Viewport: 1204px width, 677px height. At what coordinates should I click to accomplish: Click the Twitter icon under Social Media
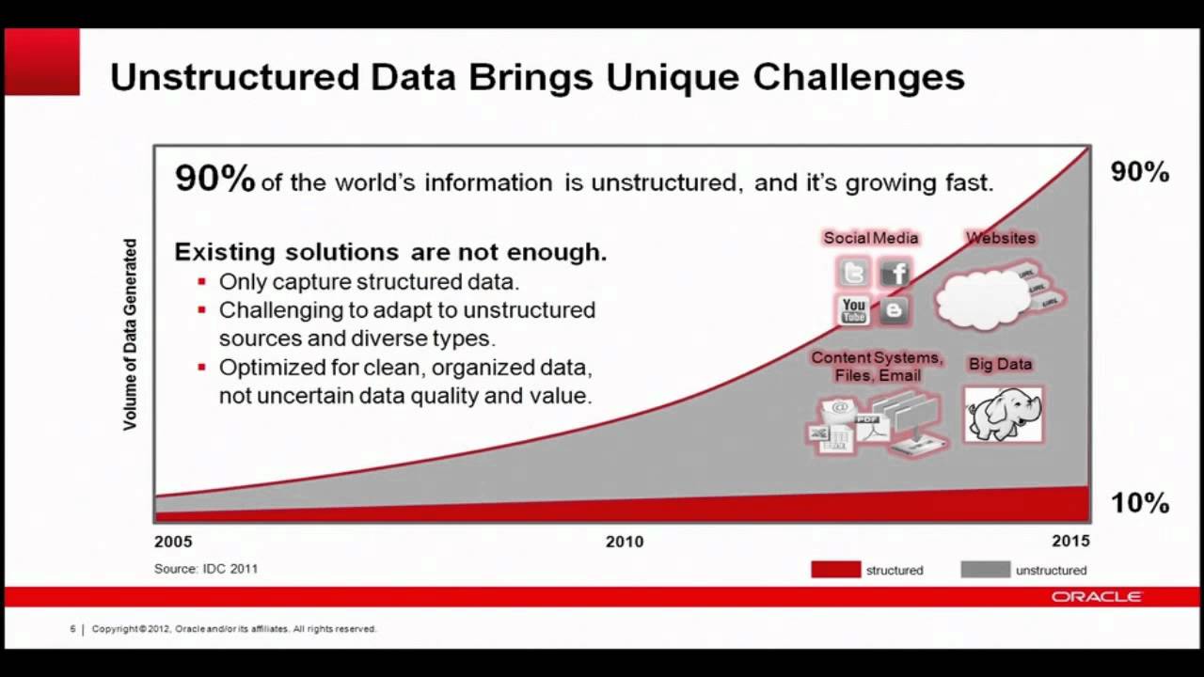pos(854,274)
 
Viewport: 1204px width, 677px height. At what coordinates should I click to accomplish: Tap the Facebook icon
pos(895,274)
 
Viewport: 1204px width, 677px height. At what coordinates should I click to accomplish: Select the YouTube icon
pos(854,309)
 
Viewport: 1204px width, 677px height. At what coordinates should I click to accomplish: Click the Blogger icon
pos(895,309)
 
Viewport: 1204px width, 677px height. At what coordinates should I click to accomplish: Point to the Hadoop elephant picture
pos(1003,415)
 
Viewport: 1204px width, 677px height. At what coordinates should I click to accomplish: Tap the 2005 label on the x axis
pos(173,542)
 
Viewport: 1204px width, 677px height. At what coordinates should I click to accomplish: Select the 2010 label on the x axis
pos(625,542)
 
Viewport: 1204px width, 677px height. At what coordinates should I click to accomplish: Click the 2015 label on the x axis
pos(1070,542)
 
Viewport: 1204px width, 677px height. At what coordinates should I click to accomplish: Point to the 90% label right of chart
pos(1140,172)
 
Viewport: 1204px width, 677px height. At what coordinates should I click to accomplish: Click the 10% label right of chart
pos(1140,503)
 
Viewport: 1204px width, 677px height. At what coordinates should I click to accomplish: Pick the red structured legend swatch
pos(835,570)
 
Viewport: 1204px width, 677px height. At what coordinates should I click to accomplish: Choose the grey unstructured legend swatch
pos(985,570)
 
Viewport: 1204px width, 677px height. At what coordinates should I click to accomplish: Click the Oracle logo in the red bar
pos(1097,597)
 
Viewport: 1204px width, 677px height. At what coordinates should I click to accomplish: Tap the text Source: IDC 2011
pos(206,569)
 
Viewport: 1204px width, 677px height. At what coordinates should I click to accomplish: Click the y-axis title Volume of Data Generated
pos(130,335)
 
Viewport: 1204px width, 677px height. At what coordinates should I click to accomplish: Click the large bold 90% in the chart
pos(214,179)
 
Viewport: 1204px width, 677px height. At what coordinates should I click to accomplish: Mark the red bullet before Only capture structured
pos(201,282)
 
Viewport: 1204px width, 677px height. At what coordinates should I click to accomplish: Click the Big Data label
pos(1000,364)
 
